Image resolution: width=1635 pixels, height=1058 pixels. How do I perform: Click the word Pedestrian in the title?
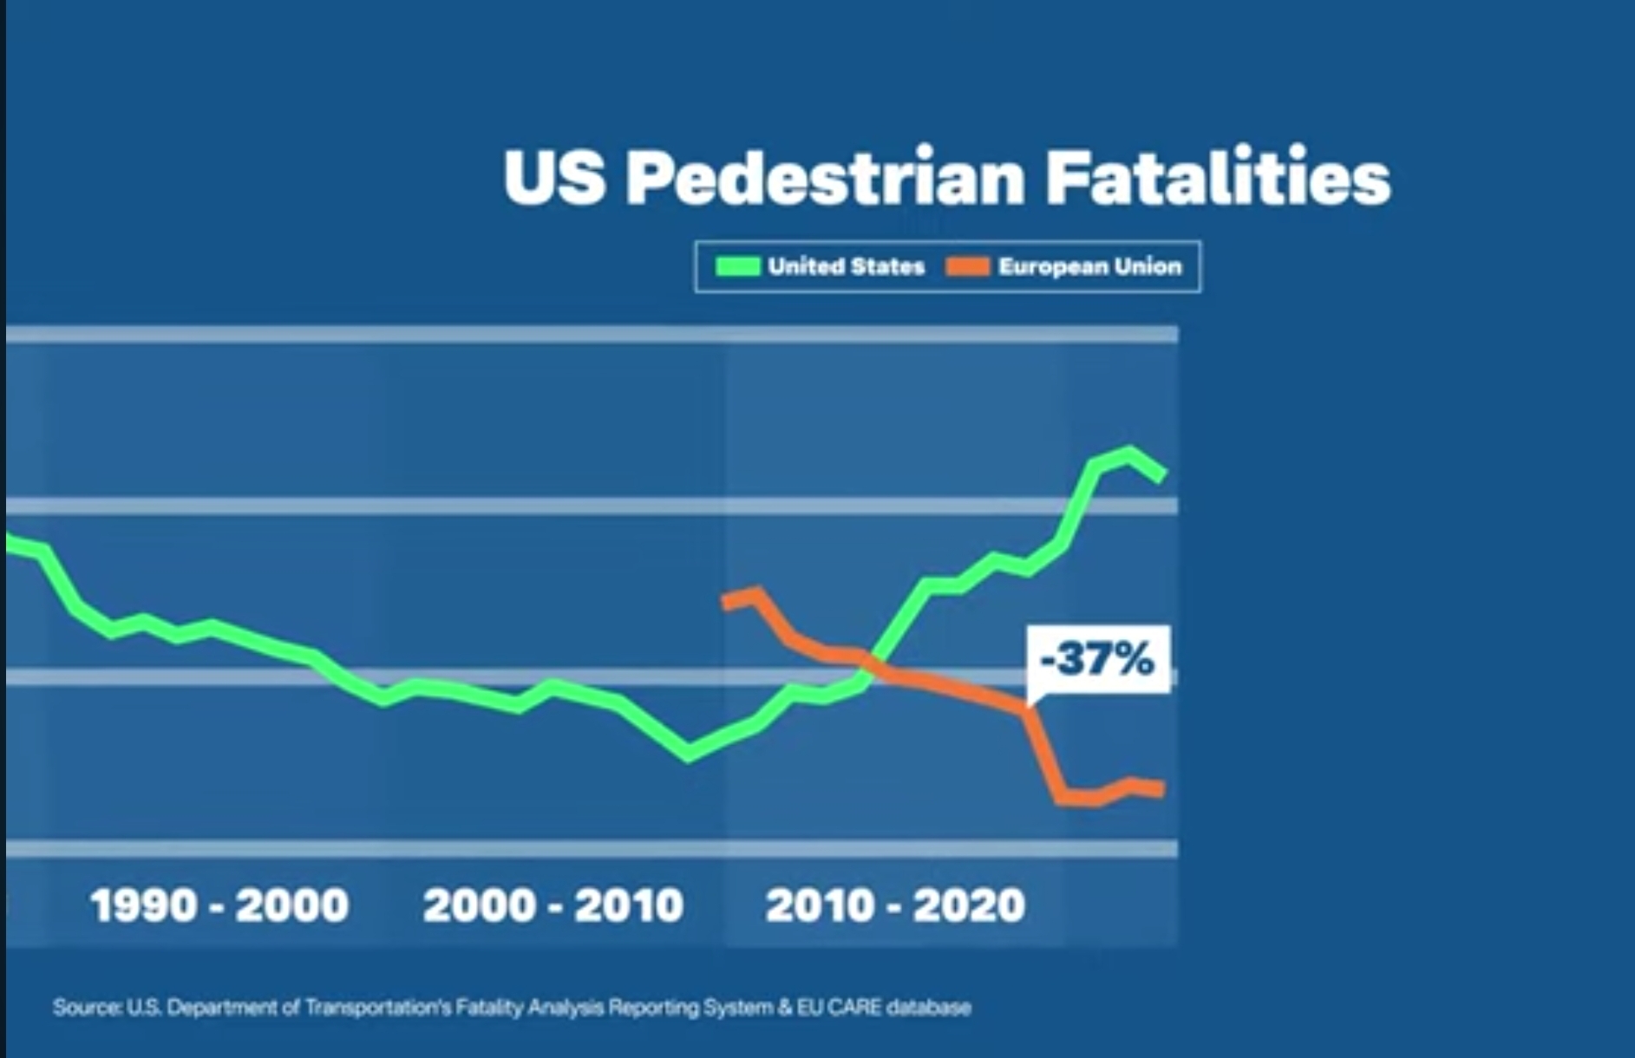pos(825,177)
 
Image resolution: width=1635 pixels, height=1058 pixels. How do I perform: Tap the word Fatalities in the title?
pos(1218,177)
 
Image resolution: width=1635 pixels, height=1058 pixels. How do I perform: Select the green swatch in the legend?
pos(737,266)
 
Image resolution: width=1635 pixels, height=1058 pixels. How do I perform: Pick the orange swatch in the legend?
pos(968,266)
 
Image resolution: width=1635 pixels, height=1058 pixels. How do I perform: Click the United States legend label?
pos(846,266)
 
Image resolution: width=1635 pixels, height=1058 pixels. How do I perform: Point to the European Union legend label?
pos(1089,266)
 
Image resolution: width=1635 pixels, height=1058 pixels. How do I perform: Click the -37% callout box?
pos(1097,658)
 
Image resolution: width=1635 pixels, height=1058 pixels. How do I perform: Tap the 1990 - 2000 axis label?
pos(219,905)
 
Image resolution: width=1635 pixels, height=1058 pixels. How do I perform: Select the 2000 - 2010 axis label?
pos(553,905)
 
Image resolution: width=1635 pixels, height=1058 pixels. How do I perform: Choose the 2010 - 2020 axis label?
pos(895,905)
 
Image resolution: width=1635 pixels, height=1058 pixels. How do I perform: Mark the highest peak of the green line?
pos(1128,453)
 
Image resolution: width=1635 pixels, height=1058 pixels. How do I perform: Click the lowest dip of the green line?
pos(689,754)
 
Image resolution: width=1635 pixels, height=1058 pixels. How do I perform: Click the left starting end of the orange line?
pos(726,601)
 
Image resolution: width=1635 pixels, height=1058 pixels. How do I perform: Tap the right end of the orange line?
pos(1161,789)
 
